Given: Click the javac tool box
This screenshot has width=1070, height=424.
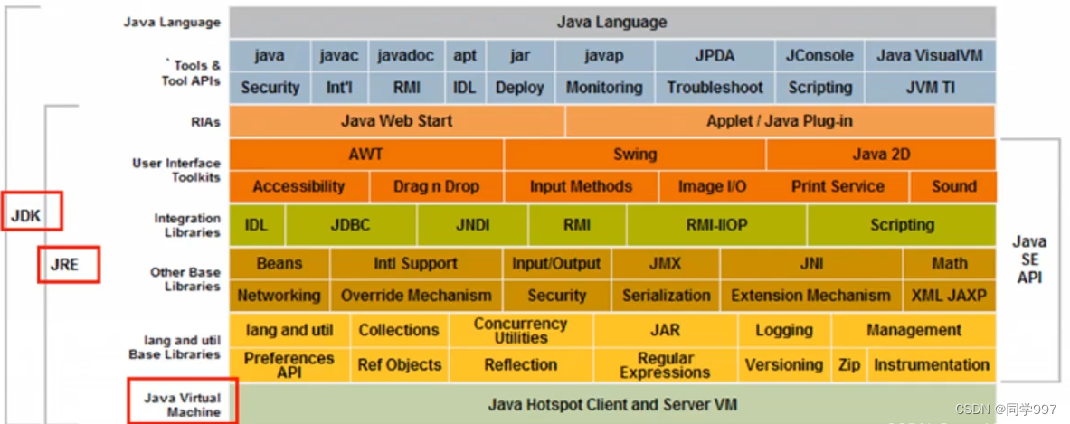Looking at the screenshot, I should pos(339,55).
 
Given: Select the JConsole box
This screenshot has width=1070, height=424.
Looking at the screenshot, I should pos(819,55).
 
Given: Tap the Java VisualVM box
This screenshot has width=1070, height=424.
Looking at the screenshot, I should pos(929,55).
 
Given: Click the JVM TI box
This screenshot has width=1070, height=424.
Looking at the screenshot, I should pos(929,88).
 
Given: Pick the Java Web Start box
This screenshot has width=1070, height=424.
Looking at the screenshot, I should pos(397,120).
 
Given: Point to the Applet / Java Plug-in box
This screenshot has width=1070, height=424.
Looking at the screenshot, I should pos(779,120).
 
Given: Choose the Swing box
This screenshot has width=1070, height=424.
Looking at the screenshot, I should pos(634,154).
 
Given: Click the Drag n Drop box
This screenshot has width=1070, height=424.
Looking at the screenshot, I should pos(436,186).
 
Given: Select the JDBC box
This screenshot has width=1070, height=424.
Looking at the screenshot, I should pos(350,225).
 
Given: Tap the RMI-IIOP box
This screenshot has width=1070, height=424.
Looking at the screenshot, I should pos(716,225).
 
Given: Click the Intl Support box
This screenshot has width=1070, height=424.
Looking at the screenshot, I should pos(415,263).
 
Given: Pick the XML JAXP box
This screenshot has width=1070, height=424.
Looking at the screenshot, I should pos(949,296).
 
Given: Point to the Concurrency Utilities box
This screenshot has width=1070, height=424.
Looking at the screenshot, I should pos(520,330).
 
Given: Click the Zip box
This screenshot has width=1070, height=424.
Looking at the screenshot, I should pos(848,365).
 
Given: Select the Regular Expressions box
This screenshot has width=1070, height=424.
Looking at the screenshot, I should pos(665,365).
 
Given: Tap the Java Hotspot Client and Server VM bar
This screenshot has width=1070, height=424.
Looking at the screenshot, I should pos(612,404).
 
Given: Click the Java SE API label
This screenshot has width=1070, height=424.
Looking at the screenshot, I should pos(1029,259).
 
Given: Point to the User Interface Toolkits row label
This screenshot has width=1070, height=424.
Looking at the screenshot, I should pos(175,170).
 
